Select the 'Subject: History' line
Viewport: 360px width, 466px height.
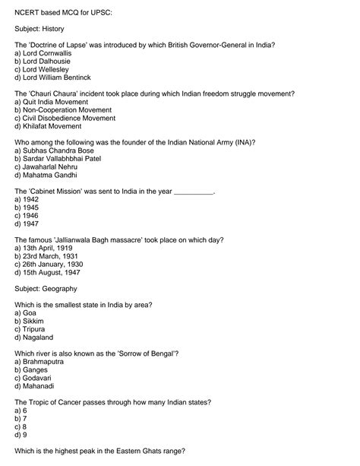tap(39, 28)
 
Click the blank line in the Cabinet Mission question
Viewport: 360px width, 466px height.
tap(194, 191)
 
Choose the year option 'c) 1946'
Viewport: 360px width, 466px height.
tap(27, 215)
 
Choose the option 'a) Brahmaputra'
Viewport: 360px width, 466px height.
tap(39, 361)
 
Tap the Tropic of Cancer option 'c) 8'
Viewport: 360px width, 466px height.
tap(21, 426)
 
